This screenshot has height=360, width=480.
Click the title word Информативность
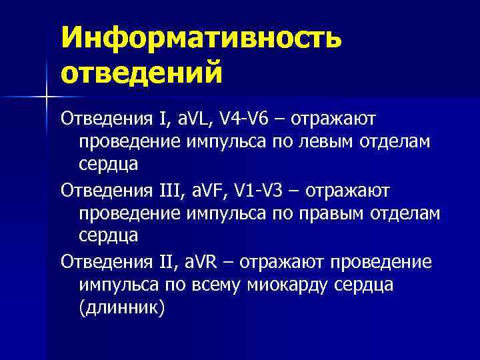coord(201,38)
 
